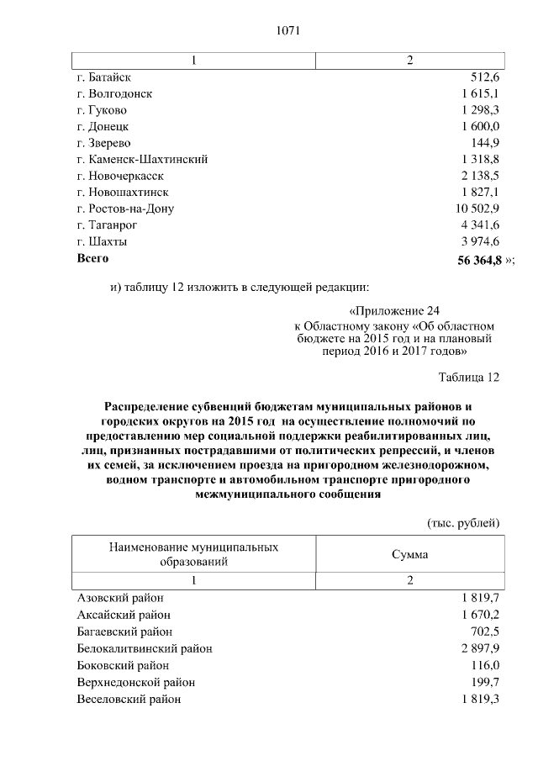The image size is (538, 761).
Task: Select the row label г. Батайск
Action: click(104, 77)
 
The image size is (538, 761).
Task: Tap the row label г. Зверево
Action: click(103, 142)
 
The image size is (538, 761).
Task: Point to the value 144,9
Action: click(486, 142)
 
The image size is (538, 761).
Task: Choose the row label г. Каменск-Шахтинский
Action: click(142, 159)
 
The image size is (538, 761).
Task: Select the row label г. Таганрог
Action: click(107, 225)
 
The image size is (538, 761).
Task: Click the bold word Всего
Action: click(92, 258)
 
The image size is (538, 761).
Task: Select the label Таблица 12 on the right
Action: click(469, 376)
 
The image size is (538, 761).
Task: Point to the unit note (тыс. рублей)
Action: click(463, 522)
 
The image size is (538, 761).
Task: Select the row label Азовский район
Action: click(120, 598)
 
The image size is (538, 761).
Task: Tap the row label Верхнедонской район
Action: click(136, 682)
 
